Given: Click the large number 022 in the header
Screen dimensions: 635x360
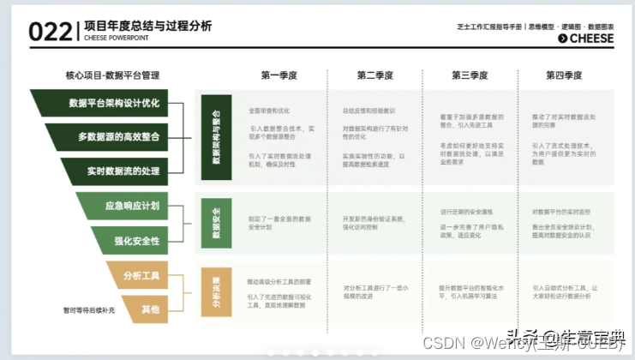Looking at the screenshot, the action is pos(51,31).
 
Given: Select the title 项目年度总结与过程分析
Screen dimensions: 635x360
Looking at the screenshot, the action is pos(147,26).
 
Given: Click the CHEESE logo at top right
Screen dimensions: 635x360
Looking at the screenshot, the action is pos(586,38).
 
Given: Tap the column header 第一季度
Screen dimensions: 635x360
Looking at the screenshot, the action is pos(279,75).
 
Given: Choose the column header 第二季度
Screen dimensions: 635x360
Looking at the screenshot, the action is pos(375,75).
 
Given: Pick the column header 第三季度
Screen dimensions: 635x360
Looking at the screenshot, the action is pos(470,75).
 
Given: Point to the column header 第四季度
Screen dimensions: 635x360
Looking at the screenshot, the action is pos(564,75).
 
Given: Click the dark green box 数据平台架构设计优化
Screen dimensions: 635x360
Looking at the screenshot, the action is pos(113,103).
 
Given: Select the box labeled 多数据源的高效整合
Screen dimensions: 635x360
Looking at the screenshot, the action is pos(118,136).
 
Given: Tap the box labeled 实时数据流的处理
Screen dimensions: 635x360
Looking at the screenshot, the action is pos(123,171).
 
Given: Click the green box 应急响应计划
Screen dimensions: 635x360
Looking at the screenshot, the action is pos(131,206).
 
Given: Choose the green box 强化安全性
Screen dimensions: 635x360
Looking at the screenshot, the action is pos(136,241).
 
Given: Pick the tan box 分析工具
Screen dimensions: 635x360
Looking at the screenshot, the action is pos(141,275).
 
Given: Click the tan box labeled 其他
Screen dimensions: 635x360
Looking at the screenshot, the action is pos(148,309).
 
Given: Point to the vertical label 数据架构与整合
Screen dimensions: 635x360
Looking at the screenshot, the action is pos(216,137).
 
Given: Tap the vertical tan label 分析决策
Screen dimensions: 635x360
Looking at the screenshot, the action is pos(216,291).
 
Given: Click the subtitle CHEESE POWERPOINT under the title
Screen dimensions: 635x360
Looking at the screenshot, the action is pos(118,38).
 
